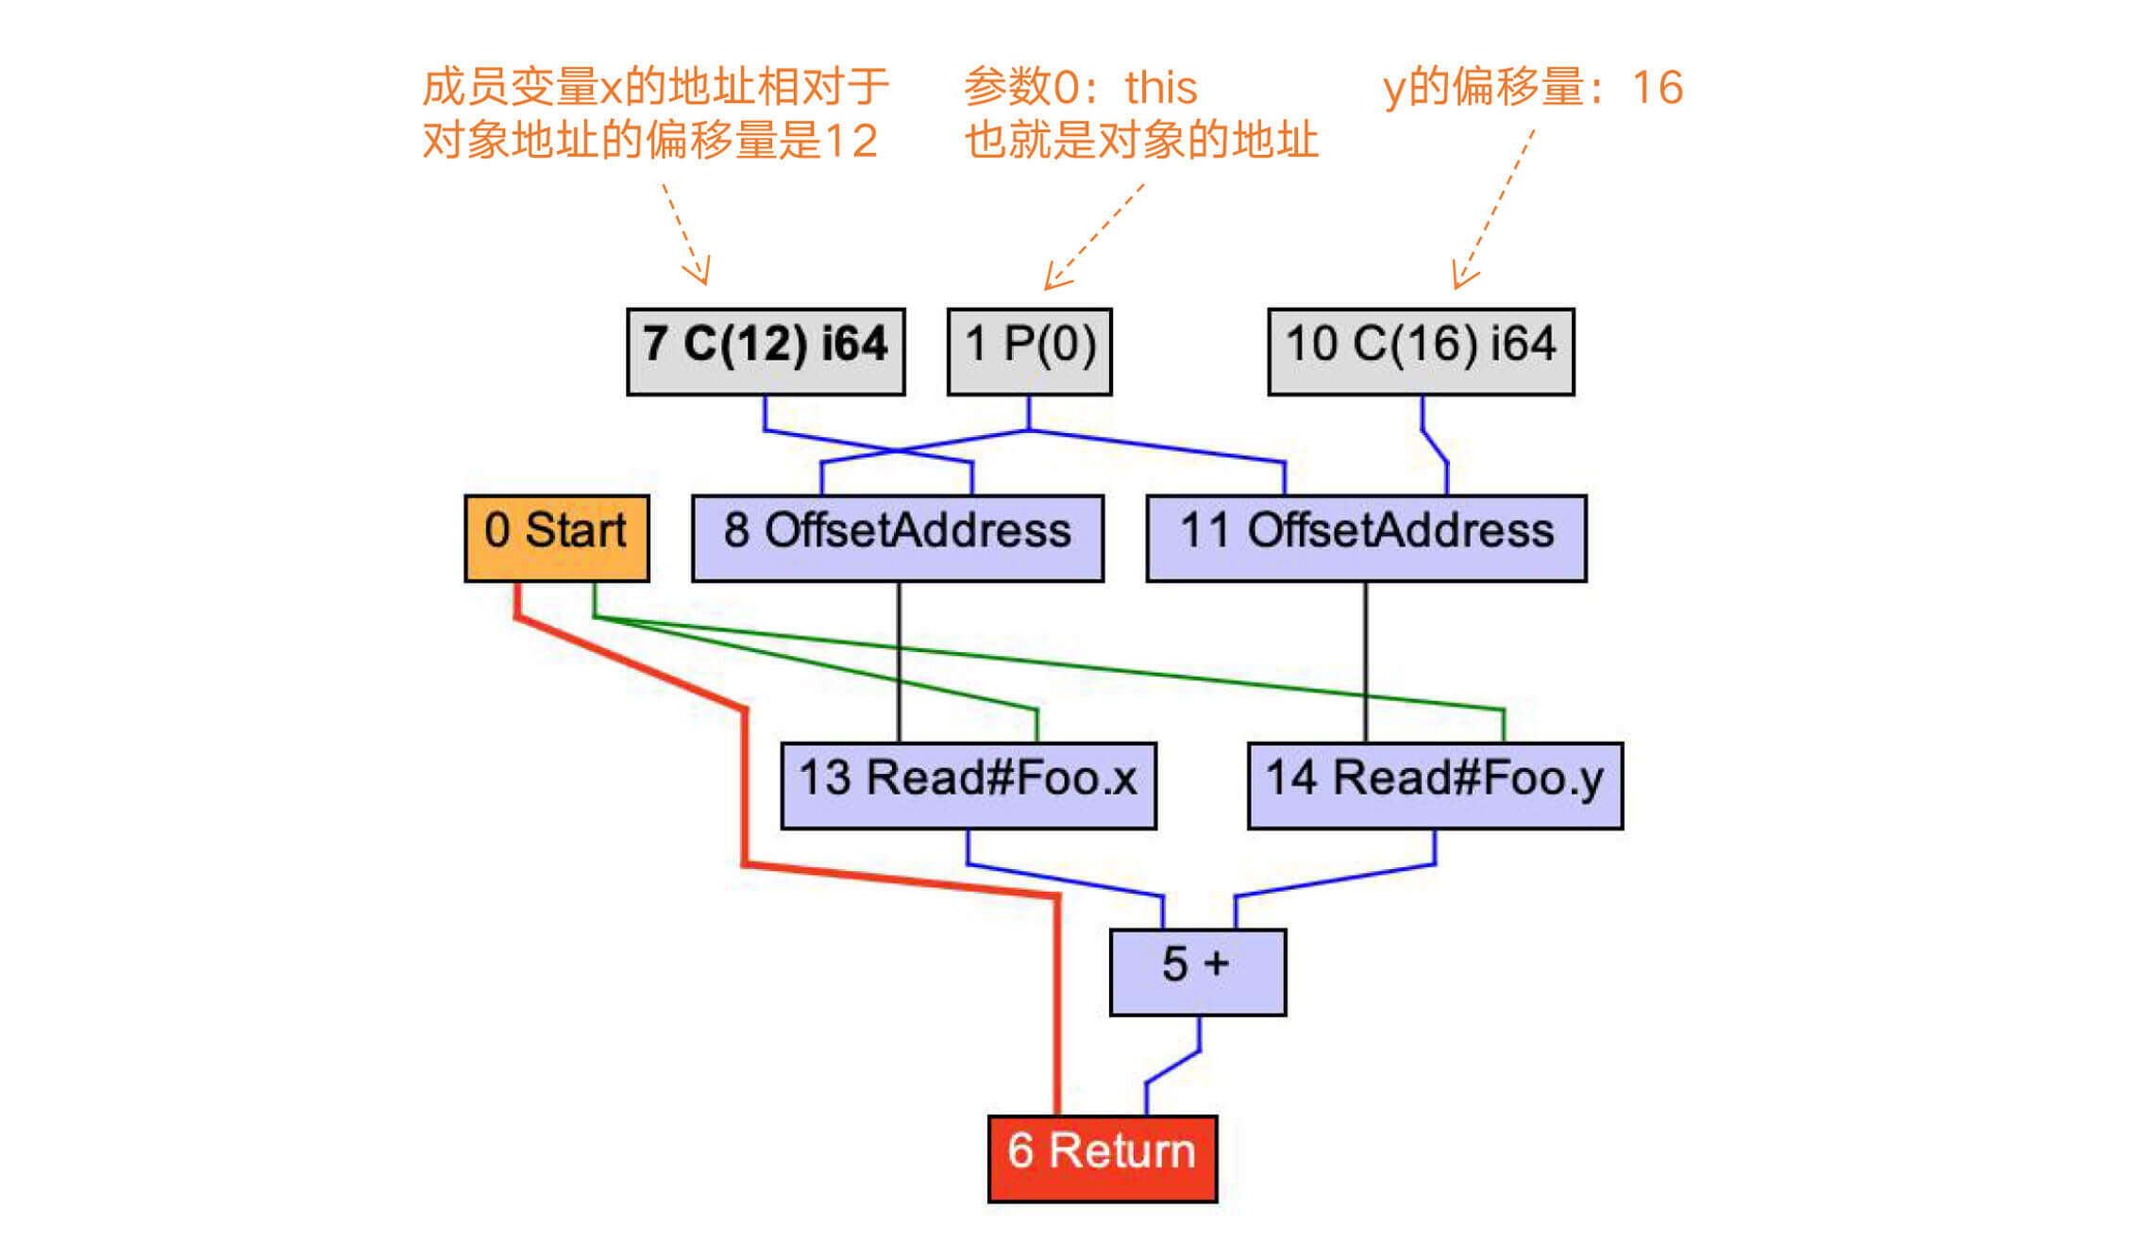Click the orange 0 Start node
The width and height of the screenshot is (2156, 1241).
[556, 538]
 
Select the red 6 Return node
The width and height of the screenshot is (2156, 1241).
[1102, 1158]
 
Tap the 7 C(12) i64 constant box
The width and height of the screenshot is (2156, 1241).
[766, 351]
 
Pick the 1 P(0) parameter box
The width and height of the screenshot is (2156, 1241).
[1029, 351]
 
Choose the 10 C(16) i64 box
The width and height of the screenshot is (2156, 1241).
[1421, 351]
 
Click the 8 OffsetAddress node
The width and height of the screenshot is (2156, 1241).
[897, 538]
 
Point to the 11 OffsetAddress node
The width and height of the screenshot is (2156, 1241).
[1366, 538]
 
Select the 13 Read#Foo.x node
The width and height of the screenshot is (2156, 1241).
[969, 785]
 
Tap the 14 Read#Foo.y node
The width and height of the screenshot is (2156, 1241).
[1435, 785]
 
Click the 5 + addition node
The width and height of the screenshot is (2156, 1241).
[1197, 972]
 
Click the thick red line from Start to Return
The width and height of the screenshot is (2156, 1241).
[746, 783]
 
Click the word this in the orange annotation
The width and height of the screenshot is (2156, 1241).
[1160, 88]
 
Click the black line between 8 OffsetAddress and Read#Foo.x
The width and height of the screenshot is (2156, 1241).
[899, 661]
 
